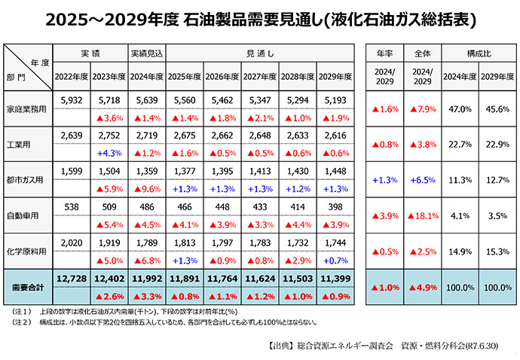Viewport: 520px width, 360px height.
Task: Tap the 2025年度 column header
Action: [187, 77]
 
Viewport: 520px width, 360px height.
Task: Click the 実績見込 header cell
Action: [148, 55]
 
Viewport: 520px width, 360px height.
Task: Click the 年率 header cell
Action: [384, 55]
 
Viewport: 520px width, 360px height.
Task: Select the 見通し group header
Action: [260, 55]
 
